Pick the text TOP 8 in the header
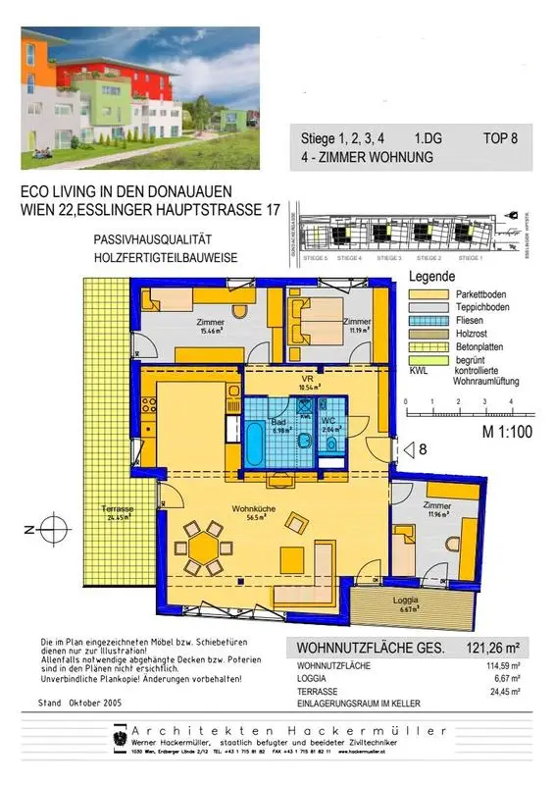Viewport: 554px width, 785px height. tap(500, 138)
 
